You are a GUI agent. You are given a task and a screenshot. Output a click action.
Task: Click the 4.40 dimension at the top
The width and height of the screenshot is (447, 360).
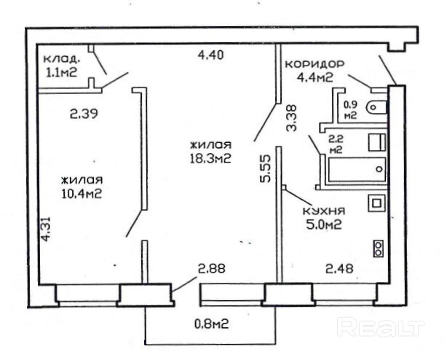click(210, 55)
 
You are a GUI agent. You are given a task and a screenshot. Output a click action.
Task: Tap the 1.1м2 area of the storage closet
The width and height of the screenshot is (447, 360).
click(62, 72)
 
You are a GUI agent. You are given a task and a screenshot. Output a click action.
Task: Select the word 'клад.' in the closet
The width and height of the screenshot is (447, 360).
click(61, 60)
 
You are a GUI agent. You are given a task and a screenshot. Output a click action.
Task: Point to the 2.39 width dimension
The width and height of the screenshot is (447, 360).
click(84, 114)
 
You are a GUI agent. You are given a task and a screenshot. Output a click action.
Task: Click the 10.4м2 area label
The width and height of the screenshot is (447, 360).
click(82, 194)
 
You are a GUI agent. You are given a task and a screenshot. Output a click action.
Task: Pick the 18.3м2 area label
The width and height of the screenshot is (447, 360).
click(210, 159)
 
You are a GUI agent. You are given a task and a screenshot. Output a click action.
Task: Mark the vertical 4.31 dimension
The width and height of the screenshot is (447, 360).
click(46, 230)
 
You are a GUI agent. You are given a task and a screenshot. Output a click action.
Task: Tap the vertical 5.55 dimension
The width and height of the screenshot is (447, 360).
click(264, 168)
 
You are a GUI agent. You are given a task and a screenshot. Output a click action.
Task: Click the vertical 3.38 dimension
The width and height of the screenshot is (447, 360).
click(291, 118)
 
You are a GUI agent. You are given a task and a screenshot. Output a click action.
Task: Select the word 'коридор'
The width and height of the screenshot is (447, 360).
click(315, 64)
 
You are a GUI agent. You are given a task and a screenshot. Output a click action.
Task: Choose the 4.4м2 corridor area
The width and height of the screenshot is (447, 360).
click(315, 77)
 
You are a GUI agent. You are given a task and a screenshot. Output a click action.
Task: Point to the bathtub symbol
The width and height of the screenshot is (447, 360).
click(357, 169)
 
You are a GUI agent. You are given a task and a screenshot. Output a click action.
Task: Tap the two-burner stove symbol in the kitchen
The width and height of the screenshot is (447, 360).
click(379, 249)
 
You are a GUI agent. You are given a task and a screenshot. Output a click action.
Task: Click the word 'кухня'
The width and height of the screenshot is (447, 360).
click(323, 211)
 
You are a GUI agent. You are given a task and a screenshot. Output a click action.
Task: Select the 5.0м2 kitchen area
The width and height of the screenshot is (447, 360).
click(324, 225)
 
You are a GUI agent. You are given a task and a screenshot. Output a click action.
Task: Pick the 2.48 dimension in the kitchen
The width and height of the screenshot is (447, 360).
click(339, 268)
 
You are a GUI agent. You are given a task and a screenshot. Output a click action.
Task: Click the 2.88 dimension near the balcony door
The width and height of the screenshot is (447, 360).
click(212, 268)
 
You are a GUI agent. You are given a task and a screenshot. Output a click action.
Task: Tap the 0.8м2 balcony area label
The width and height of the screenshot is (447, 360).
click(212, 324)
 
